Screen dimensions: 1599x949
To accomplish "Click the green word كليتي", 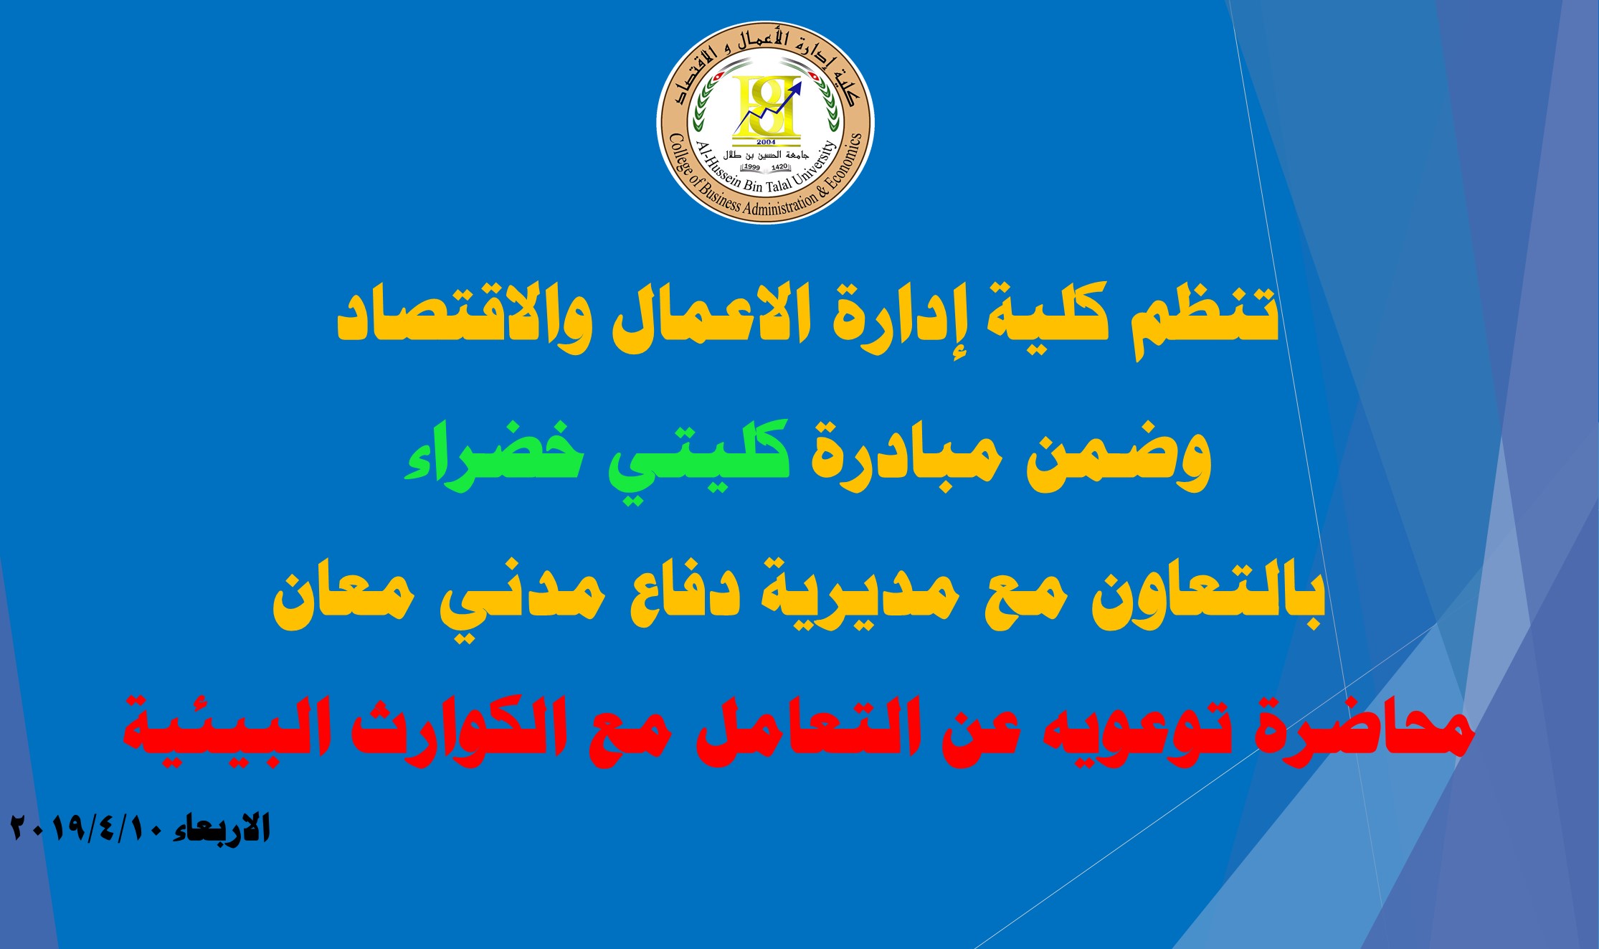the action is (x=699, y=455).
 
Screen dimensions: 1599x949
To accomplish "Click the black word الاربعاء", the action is (x=222, y=828).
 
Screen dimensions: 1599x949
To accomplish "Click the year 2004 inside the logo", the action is (x=765, y=142).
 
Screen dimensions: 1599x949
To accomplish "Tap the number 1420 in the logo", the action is (x=779, y=167).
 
